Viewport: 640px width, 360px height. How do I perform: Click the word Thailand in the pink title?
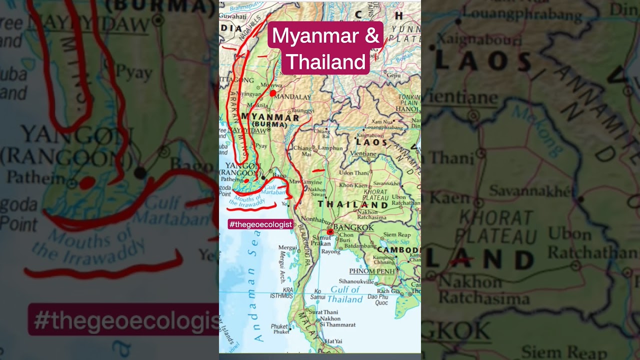pos(326,62)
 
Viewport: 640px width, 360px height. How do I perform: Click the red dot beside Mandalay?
pos(272,93)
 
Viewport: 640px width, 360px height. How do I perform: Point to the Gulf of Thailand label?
pos(345,294)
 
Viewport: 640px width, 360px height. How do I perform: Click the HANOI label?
pos(406,109)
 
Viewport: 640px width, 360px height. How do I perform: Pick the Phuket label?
pos(280,328)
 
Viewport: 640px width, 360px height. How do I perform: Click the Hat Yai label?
pos(333,341)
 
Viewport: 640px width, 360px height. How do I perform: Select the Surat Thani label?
pos(323,312)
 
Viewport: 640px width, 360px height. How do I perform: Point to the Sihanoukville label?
pos(356,281)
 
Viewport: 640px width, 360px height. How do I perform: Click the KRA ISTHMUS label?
pos(281,292)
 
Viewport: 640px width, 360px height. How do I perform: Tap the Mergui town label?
pos(287,247)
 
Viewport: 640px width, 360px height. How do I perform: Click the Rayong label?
pos(330,251)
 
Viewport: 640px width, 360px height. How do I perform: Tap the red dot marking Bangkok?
pos(329,232)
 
